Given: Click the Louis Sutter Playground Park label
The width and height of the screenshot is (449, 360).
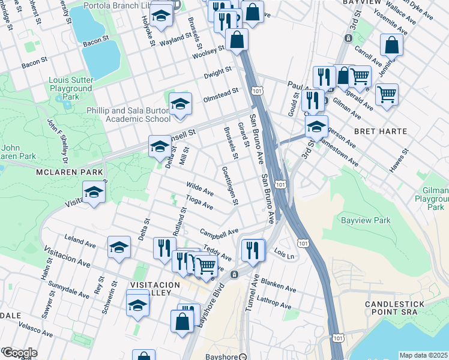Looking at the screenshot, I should (x=71, y=88).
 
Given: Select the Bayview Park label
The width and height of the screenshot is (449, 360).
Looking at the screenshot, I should (x=366, y=220).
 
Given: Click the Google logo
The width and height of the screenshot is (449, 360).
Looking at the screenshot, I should (x=19, y=353).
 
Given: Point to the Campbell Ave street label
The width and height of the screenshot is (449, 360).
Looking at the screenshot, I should (x=219, y=232).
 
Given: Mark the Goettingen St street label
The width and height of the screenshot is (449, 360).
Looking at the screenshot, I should (x=230, y=185).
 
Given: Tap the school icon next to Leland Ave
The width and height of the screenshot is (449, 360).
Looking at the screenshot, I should (x=119, y=246).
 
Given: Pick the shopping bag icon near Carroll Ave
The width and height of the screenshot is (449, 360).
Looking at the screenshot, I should (x=391, y=45).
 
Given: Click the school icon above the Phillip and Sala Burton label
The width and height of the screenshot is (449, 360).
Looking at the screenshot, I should (x=180, y=104).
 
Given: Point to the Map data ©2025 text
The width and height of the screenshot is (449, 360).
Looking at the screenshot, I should (x=423, y=355).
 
